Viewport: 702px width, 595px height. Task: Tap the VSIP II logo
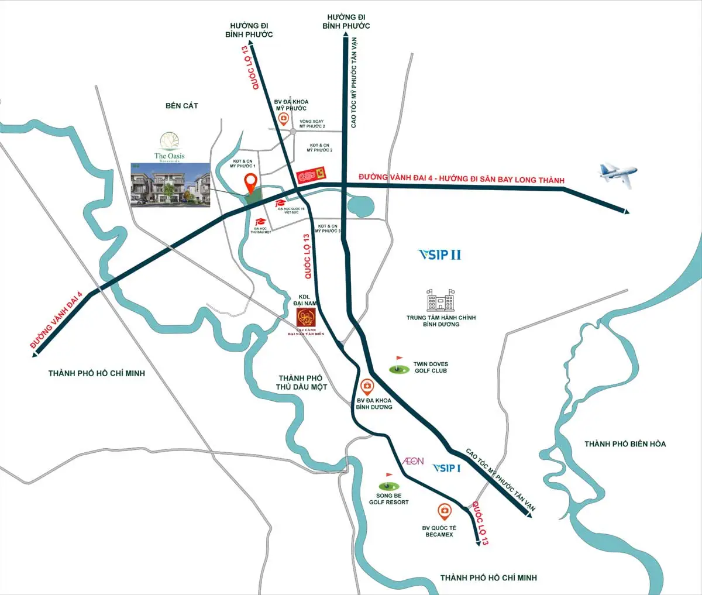(x=439, y=254)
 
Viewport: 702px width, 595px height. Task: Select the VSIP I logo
(x=446, y=468)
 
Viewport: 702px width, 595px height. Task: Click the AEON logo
(x=412, y=461)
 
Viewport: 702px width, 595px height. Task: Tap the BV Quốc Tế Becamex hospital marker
(x=445, y=513)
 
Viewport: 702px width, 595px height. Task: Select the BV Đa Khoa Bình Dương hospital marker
(x=367, y=387)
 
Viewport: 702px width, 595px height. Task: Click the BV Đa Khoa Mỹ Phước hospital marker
(x=284, y=119)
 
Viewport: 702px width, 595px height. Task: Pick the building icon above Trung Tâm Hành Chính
(x=441, y=301)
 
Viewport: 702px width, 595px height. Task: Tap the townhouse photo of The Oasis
(x=170, y=184)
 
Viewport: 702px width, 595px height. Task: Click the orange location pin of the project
(x=251, y=183)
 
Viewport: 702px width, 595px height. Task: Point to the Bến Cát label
(x=181, y=106)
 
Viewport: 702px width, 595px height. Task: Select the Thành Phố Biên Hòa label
(x=625, y=444)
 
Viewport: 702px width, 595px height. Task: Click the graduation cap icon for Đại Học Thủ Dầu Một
(x=260, y=223)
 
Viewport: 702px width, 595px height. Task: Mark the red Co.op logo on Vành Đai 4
(x=311, y=175)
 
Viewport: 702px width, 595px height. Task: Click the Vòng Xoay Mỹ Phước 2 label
(x=312, y=124)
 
